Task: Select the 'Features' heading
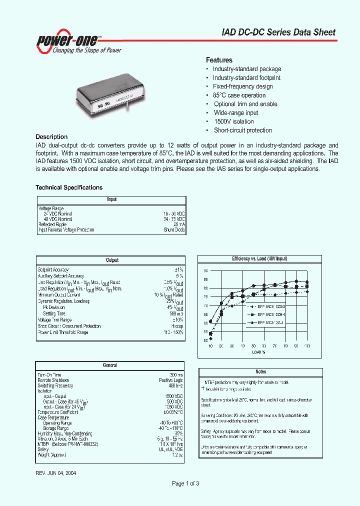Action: pyautogui.click(x=219, y=60)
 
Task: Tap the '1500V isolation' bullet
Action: pyautogui.click(x=233, y=121)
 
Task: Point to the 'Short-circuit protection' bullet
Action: pyautogui.click(x=242, y=130)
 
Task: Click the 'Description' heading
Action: pyautogui.click(x=51, y=137)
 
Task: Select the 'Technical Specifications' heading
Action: pyautogui.click(x=69, y=188)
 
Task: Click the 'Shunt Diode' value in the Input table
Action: pyautogui.click(x=174, y=230)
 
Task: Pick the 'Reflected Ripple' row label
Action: pyautogui.click(x=52, y=224)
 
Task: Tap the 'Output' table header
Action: pyautogui.click(x=112, y=260)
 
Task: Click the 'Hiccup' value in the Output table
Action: pyautogui.click(x=177, y=326)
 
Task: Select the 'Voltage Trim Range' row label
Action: pyautogui.click(x=54, y=320)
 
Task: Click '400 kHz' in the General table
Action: pyautogui.click(x=175, y=385)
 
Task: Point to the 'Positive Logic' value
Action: pyautogui.click(x=171, y=380)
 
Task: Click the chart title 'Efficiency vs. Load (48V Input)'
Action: pyautogui.click(x=259, y=259)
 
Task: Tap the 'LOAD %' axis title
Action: pyautogui.click(x=258, y=352)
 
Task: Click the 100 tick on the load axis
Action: pyautogui.click(x=307, y=346)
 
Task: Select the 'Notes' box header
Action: pyautogui.click(x=260, y=371)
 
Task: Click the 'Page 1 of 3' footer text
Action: pyautogui.click(x=185, y=483)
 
